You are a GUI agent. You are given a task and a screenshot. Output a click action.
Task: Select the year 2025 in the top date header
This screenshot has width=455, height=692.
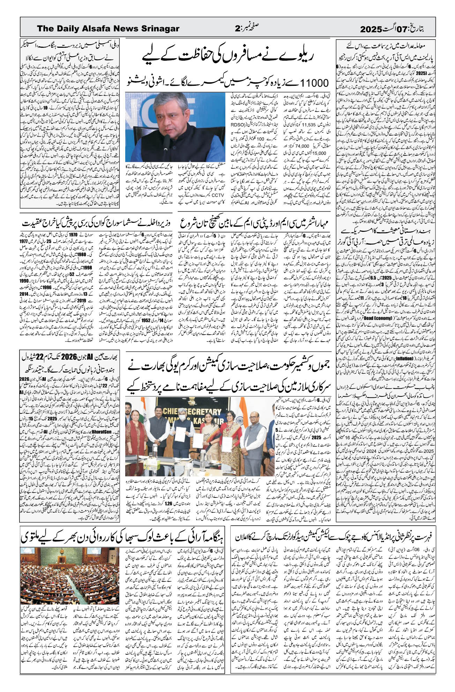point(372,29)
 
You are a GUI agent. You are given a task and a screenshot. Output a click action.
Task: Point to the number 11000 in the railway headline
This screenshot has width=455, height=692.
point(311,83)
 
